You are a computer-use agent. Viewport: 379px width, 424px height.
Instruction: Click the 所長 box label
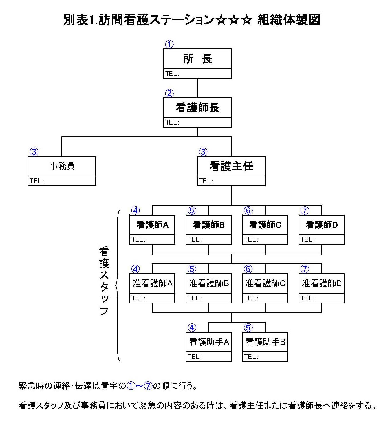(197, 59)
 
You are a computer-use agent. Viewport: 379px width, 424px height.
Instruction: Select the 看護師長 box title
(197, 108)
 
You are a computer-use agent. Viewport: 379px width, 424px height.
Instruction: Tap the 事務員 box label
(62, 166)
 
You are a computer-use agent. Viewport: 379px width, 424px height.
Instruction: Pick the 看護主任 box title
(231, 166)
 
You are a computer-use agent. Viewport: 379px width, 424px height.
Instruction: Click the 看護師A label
(152, 225)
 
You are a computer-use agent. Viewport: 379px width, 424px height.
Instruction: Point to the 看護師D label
(321, 225)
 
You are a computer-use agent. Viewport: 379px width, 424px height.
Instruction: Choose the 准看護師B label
(209, 283)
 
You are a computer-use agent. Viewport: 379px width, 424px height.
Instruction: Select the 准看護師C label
(265, 283)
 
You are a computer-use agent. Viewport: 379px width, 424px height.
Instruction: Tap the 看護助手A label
(209, 342)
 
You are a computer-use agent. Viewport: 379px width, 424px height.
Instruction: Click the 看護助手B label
(265, 342)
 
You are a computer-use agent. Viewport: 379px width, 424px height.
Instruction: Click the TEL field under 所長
(197, 74)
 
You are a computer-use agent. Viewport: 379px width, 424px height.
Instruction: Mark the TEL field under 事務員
(62, 181)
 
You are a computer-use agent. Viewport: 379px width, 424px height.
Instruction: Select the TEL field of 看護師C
(265, 240)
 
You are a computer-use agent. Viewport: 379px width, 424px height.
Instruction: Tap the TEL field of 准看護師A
(152, 298)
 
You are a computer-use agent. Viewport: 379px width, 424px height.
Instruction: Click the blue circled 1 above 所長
(169, 44)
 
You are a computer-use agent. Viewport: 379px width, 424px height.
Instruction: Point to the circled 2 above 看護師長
(169, 93)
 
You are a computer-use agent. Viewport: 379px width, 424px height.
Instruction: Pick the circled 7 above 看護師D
(305, 210)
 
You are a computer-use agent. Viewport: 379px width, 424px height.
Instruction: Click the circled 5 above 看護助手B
(248, 328)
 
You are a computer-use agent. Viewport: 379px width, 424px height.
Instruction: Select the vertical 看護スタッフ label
(104, 281)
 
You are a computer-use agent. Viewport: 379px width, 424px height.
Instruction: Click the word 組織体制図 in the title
(289, 20)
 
